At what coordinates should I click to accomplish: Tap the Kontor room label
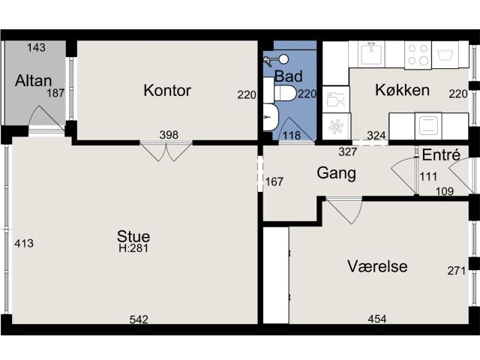click(x=167, y=91)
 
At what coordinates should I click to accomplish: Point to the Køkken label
click(x=402, y=91)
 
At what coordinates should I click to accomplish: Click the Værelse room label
click(x=377, y=266)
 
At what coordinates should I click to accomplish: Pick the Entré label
click(x=441, y=155)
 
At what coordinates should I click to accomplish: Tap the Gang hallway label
click(x=336, y=172)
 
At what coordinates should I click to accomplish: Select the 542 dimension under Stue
click(x=139, y=319)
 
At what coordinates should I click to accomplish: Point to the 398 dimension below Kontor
click(x=169, y=135)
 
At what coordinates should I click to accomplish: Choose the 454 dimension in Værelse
click(x=376, y=319)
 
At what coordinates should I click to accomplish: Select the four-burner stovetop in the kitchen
click(x=418, y=54)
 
